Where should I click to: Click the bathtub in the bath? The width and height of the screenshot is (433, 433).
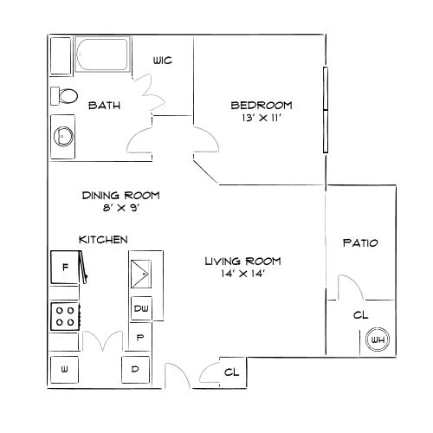(102, 54)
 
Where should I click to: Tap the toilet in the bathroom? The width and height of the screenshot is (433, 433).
(64, 96)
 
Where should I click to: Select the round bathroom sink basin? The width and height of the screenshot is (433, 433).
(63, 136)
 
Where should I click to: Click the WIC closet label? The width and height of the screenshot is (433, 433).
(163, 61)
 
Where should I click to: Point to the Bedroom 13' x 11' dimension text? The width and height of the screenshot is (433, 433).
(262, 118)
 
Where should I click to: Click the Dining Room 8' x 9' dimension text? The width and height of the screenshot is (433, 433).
(121, 208)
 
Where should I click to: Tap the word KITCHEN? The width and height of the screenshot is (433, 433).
(103, 240)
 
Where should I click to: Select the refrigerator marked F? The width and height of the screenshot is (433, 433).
(65, 267)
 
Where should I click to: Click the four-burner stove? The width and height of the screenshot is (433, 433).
(65, 316)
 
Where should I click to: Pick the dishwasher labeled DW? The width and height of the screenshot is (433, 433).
(141, 308)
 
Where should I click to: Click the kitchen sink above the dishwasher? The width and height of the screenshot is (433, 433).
(141, 274)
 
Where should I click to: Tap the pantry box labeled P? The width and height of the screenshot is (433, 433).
(140, 337)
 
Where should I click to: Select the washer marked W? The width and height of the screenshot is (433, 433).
(64, 370)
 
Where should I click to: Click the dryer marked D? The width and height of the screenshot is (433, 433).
(135, 370)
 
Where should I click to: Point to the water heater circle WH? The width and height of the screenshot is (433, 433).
(378, 339)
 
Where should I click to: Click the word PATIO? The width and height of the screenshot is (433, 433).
(360, 243)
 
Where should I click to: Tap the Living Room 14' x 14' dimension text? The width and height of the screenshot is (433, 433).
(243, 274)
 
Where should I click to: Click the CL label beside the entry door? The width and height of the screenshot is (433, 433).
(231, 372)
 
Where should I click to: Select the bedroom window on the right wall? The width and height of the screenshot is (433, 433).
(326, 110)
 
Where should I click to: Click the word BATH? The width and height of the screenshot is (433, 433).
(104, 106)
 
